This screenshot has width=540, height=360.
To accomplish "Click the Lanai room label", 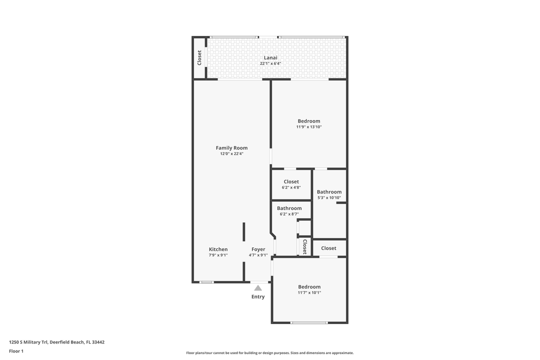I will (x=270, y=57).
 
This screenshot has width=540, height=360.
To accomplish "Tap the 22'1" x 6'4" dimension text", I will (x=270, y=63).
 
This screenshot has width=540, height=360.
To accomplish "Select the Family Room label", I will (x=231, y=148).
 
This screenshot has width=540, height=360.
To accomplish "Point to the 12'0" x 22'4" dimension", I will (x=231, y=154).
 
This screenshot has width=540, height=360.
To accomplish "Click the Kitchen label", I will (x=218, y=249).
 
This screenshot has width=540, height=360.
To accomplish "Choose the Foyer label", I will (x=258, y=249).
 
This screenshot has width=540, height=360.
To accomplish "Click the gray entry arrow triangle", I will (x=258, y=288).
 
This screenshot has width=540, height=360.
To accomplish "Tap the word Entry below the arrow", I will (x=258, y=296).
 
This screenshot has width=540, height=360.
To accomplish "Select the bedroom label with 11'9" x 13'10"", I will (x=309, y=121).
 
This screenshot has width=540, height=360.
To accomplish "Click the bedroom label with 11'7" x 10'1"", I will (x=309, y=286).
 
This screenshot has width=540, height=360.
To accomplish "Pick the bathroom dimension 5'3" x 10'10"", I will (x=329, y=198).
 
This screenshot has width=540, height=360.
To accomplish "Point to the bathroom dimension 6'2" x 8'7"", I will (x=289, y=214).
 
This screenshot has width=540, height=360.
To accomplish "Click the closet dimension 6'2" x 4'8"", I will (x=291, y=187).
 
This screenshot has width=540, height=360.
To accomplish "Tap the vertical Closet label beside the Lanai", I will (x=199, y=57).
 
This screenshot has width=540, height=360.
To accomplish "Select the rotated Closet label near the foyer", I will (x=304, y=246).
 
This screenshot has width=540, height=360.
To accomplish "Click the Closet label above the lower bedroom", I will (x=328, y=248).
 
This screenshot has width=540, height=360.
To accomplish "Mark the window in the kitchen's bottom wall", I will (x=206, y=282).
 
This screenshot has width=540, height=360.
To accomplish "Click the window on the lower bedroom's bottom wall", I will (x=309, y=322).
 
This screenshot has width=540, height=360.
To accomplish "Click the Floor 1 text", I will (x=16, y=351).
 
